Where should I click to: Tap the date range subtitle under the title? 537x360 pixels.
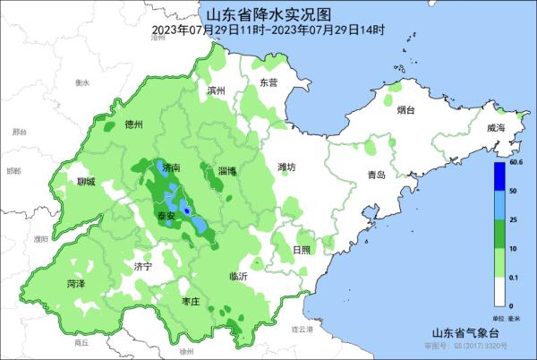pos(268,30)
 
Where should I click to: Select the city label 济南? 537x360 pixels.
pos(170,167)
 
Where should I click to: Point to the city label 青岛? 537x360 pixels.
pos(376,176)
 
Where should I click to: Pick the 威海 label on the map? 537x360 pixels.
pos(496,129)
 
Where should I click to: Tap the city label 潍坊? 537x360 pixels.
pos(286,167)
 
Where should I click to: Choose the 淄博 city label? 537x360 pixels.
pos(227,169)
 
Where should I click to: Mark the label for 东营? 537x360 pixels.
pos(268,82)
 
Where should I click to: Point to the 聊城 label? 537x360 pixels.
pos(86,182)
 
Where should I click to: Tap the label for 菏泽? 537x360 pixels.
pos(76,283)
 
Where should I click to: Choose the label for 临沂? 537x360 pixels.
pos(238,277)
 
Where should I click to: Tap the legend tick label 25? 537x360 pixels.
pos(514,220)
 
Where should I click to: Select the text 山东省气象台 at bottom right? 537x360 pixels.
pos(460,332)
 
